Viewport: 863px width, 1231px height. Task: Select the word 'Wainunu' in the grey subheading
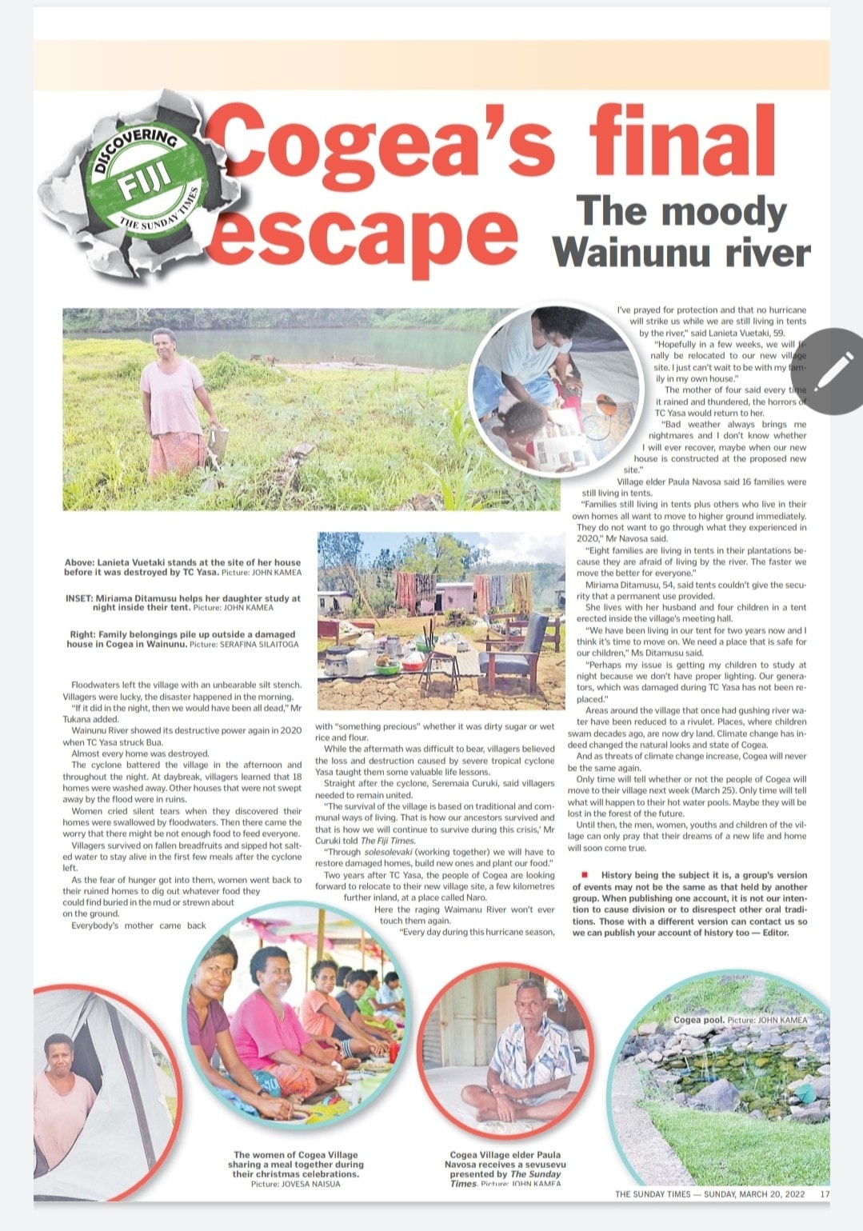632,253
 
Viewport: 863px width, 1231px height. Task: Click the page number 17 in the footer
825,1194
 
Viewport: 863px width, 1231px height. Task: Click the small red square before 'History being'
585,874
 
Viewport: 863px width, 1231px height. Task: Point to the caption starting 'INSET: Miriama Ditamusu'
183,602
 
